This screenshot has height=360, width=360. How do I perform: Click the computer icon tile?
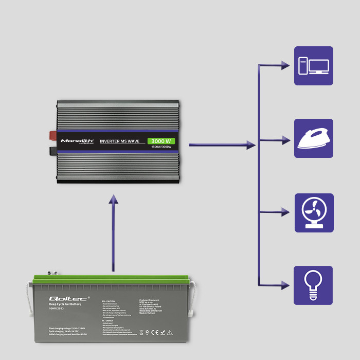pyautogui.click(x=314, y=66)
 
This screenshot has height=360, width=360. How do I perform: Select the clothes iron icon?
pyautogui.click(x=314, y=138)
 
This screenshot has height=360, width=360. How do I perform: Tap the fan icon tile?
pyautogui.click(x=314, y=212)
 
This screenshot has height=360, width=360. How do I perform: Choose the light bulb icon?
pyautogui.click(x=314, y=285)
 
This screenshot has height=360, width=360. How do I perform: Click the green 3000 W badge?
pyautogui.click(x=161, y=141)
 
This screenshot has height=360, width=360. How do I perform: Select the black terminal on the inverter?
pyautogui.click(x=53, y=151)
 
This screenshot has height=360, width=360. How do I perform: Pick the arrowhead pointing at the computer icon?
pyautogui.click(x=285, y=66)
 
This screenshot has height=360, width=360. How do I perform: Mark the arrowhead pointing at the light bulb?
pyautogui.click(x=285, y=285)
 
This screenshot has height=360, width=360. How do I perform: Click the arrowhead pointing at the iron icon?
pyautogui.click(x=285, y=139)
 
